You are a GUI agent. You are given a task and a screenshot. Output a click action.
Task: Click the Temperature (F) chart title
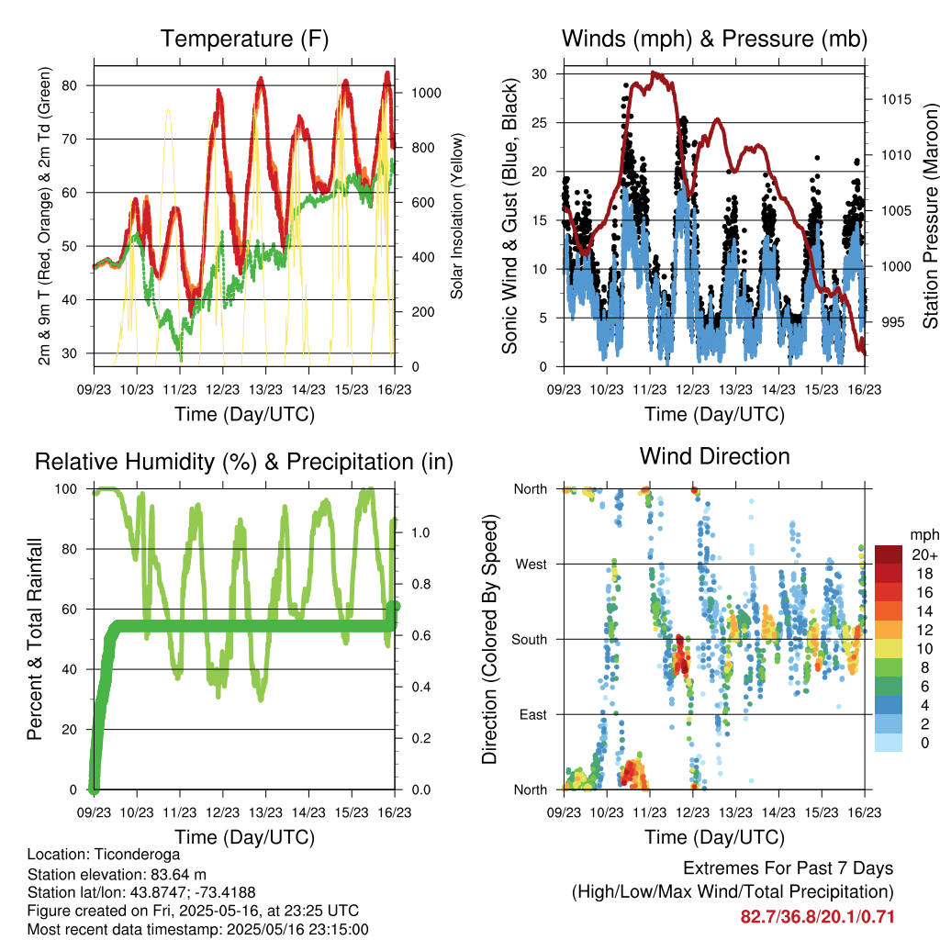(x=244, y=39)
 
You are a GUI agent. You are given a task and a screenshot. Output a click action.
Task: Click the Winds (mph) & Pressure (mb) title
(x=714, y=39)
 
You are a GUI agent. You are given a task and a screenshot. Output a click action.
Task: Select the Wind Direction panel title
(x=714, y=456)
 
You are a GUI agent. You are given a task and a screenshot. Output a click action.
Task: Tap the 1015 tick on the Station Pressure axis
(x=896, y=99)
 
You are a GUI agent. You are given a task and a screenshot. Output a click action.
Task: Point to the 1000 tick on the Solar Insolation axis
(x=426, y=93)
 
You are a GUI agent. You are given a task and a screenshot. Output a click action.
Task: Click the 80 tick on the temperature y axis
(x=69, y=85)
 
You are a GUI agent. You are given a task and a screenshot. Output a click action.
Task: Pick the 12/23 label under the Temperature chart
(x=222, y=389)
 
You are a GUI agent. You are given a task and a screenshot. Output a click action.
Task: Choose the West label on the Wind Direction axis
(x=532, y=565)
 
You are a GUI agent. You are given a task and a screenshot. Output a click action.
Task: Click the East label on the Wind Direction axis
(x=533, y=714)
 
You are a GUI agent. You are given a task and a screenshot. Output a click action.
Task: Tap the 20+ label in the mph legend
(x=924, y=555)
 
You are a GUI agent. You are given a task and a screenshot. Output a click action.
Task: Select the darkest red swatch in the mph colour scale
(x=889, y=554)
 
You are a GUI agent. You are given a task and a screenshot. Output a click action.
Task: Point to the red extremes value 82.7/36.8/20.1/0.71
(x=817, y=917)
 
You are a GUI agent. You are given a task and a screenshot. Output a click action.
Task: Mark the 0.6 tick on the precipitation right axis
(x=420, y=635)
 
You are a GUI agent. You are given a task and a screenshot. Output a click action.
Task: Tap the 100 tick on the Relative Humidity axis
(x=66, y=489)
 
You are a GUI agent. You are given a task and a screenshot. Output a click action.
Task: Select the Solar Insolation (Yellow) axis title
(x=457, y=216)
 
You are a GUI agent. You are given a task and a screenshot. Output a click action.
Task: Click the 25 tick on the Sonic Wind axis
(x=540, y=123)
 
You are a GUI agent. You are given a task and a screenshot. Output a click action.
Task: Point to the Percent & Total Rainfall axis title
(x=35, y=639)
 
